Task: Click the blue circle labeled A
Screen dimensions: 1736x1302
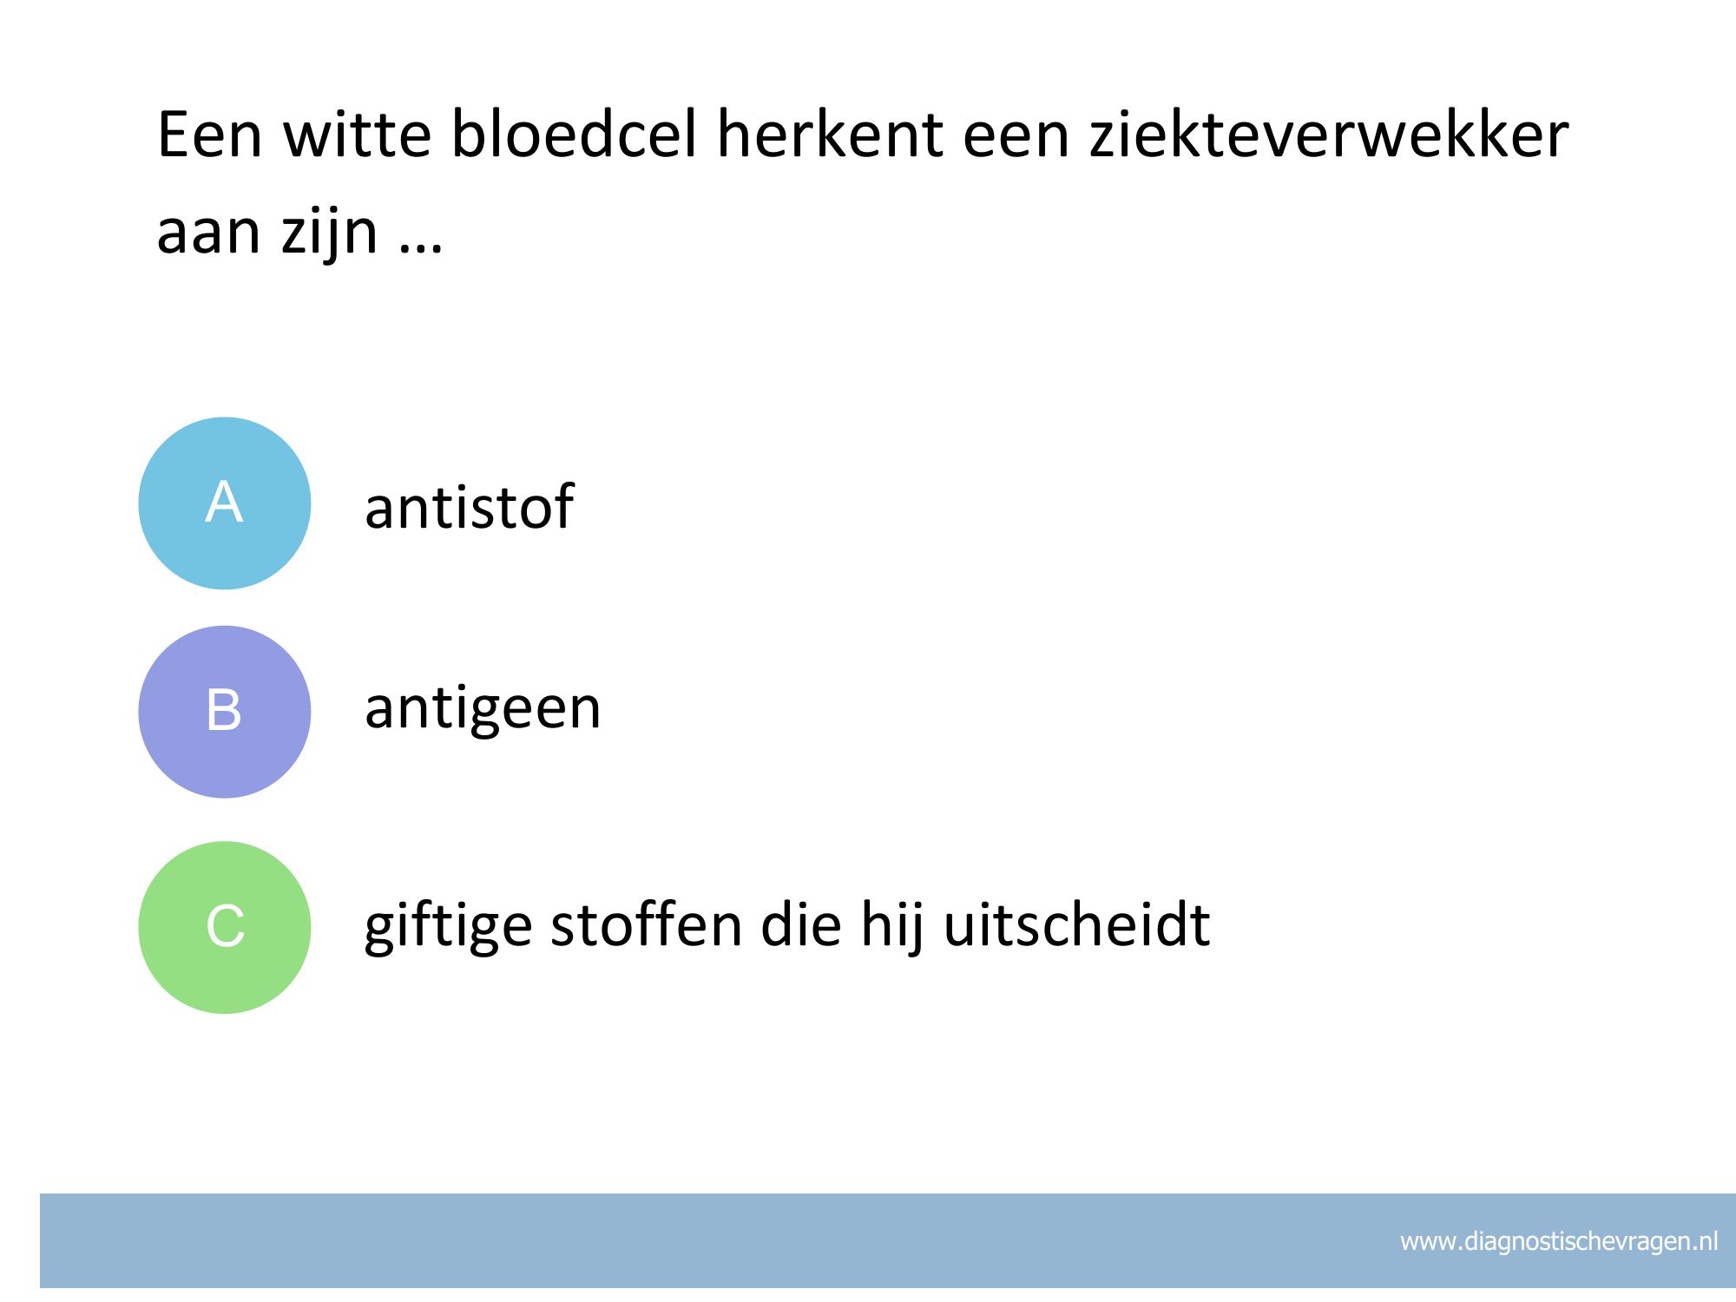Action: (225, 503)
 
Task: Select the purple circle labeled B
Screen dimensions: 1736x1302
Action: (225, 712)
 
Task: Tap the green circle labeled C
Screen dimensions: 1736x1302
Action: (225, 927)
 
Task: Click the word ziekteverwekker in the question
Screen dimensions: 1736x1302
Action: (1329, 135)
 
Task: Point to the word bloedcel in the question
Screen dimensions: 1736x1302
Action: (574, 135)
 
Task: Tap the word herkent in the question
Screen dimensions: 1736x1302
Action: (830, 135)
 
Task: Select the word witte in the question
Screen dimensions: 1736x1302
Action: (357, 135)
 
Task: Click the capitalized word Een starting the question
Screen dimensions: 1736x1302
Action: (209, 137)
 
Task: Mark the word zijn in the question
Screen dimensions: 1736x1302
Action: (330, 234)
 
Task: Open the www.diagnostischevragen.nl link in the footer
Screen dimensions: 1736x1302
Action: (1559, 1242)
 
